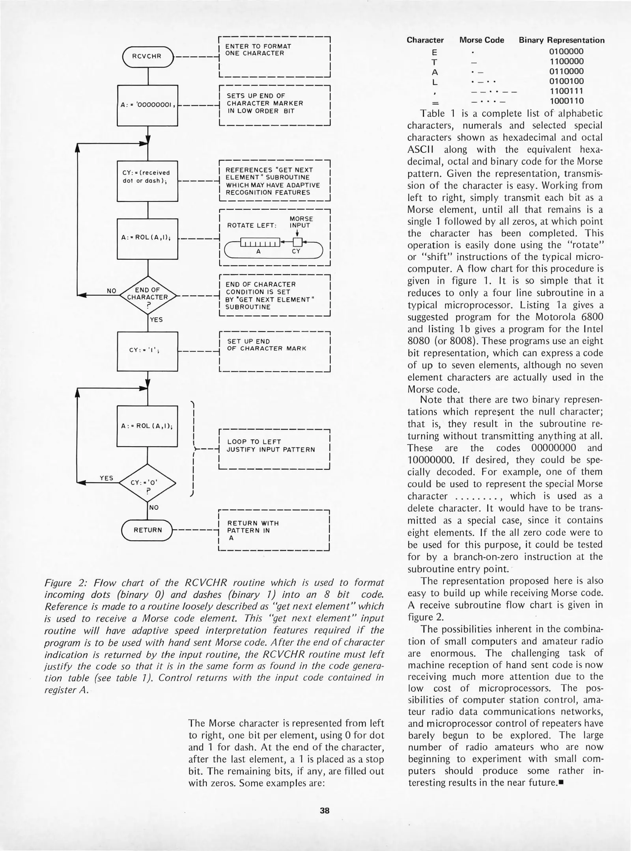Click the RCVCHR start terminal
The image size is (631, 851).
click(147, 56)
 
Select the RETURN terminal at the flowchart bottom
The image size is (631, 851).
click(147, 530)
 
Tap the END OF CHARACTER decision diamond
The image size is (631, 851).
click(147, 294)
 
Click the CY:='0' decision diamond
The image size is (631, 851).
click(147, 483)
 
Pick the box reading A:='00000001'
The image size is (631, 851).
click(148, 105)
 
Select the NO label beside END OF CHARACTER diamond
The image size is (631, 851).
click(112, 291)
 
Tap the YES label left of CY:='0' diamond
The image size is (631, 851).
click(106, 478)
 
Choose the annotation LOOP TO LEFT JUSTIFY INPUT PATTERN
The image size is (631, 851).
click(271, 446)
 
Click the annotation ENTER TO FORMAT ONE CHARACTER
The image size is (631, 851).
click(258, 50)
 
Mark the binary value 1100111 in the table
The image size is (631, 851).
click(567, 91)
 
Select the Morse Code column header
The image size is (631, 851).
click(482, 40)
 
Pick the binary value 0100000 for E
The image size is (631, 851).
click(567, 51)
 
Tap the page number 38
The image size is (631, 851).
click(325, 810)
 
